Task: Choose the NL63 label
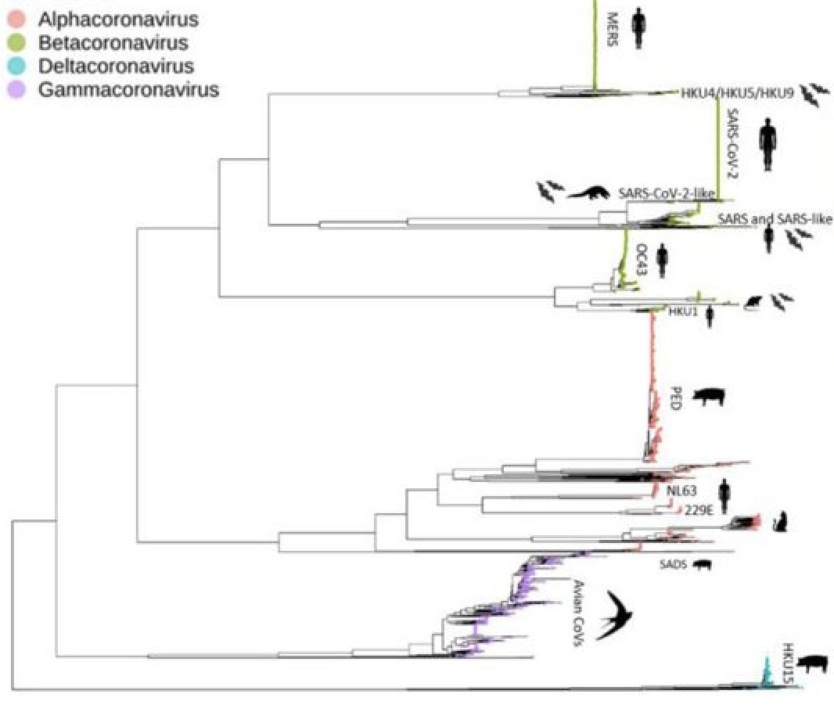(681, 491)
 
